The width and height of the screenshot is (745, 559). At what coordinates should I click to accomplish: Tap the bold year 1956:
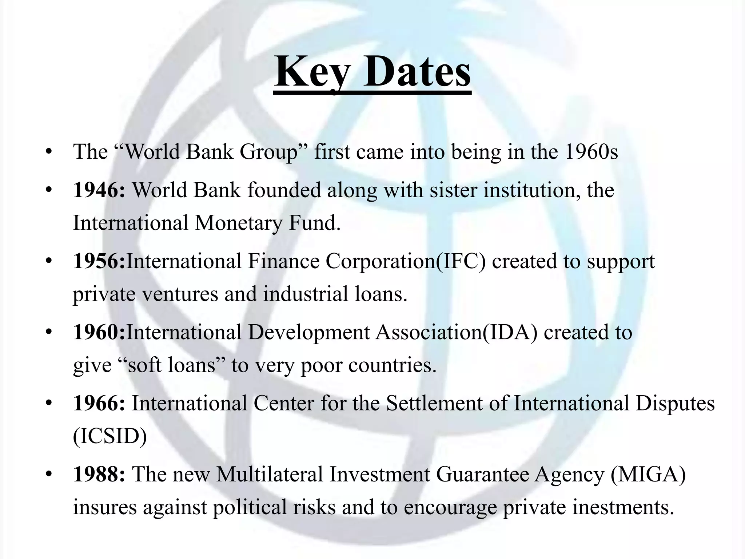point(99,261)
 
